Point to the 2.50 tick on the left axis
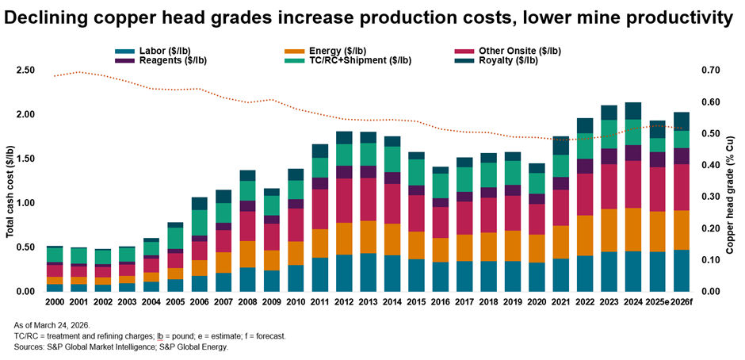coord(26,71)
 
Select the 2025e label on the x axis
coord(656,304)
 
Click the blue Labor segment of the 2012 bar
coord(343,273)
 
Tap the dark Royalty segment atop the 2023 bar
coord(609,113)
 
